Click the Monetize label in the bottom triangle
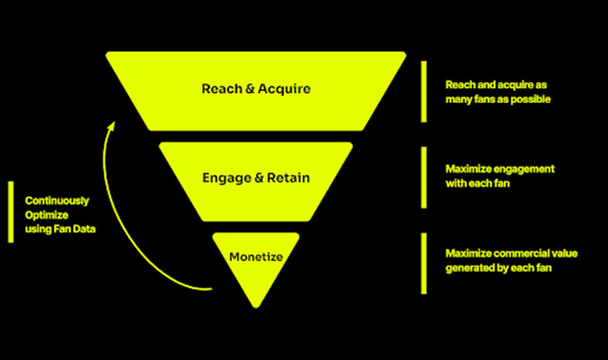(x=256, y=256)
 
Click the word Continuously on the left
(x=56, y=201)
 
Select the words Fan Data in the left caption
(x=75, y=229)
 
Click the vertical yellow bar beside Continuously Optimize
(x=10, y=211)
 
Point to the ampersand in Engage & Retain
(x=256, y=177)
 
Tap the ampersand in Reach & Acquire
(x=249, y=88)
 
